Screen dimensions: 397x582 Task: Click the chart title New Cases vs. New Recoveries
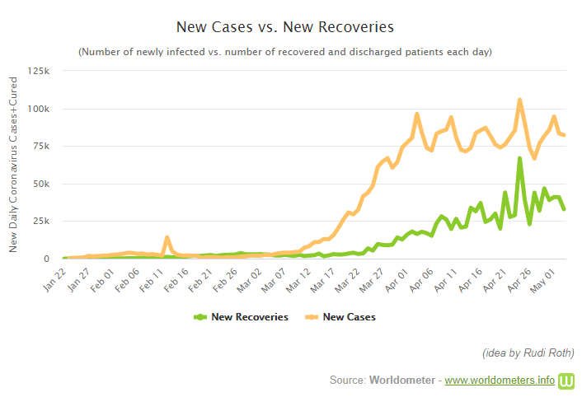pyautogui.click(x=284, y=26)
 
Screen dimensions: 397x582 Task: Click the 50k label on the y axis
pyautogui.click(x=44, y=184)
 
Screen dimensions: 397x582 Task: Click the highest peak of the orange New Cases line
pyautogui.click(x=519, y=100)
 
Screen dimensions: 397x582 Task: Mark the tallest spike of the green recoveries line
pyautogui.click(x=519, y=158)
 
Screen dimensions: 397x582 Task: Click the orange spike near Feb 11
pyautogui.click(x=167, y=238)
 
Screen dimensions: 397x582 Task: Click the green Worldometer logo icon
pyautogui.click(x=567, y=381)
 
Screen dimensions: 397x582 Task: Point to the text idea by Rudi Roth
pyautogui.click(x=528, y=353)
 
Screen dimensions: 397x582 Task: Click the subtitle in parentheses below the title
pyautogui.click(x=284, y=52)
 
